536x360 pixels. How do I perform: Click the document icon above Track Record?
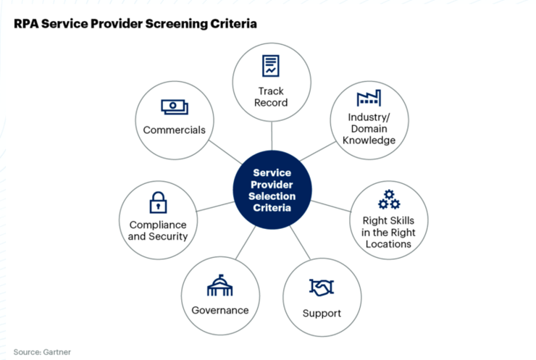271,67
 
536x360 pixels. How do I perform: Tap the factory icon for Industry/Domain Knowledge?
368,99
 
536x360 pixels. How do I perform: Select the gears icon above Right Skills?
389,198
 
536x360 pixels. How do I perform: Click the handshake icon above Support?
321,288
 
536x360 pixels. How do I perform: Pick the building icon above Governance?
219,285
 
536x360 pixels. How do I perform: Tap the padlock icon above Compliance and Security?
158,203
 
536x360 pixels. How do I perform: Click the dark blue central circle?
272,191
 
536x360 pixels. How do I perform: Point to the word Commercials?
174,130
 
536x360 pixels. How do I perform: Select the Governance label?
219,310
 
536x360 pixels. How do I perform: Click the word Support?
321,313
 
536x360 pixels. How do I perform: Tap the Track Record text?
271,96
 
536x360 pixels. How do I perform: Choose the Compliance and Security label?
158,230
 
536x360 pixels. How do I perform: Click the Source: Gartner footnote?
42,352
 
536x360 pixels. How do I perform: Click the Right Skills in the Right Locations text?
388,232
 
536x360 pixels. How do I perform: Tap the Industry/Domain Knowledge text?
368,128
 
